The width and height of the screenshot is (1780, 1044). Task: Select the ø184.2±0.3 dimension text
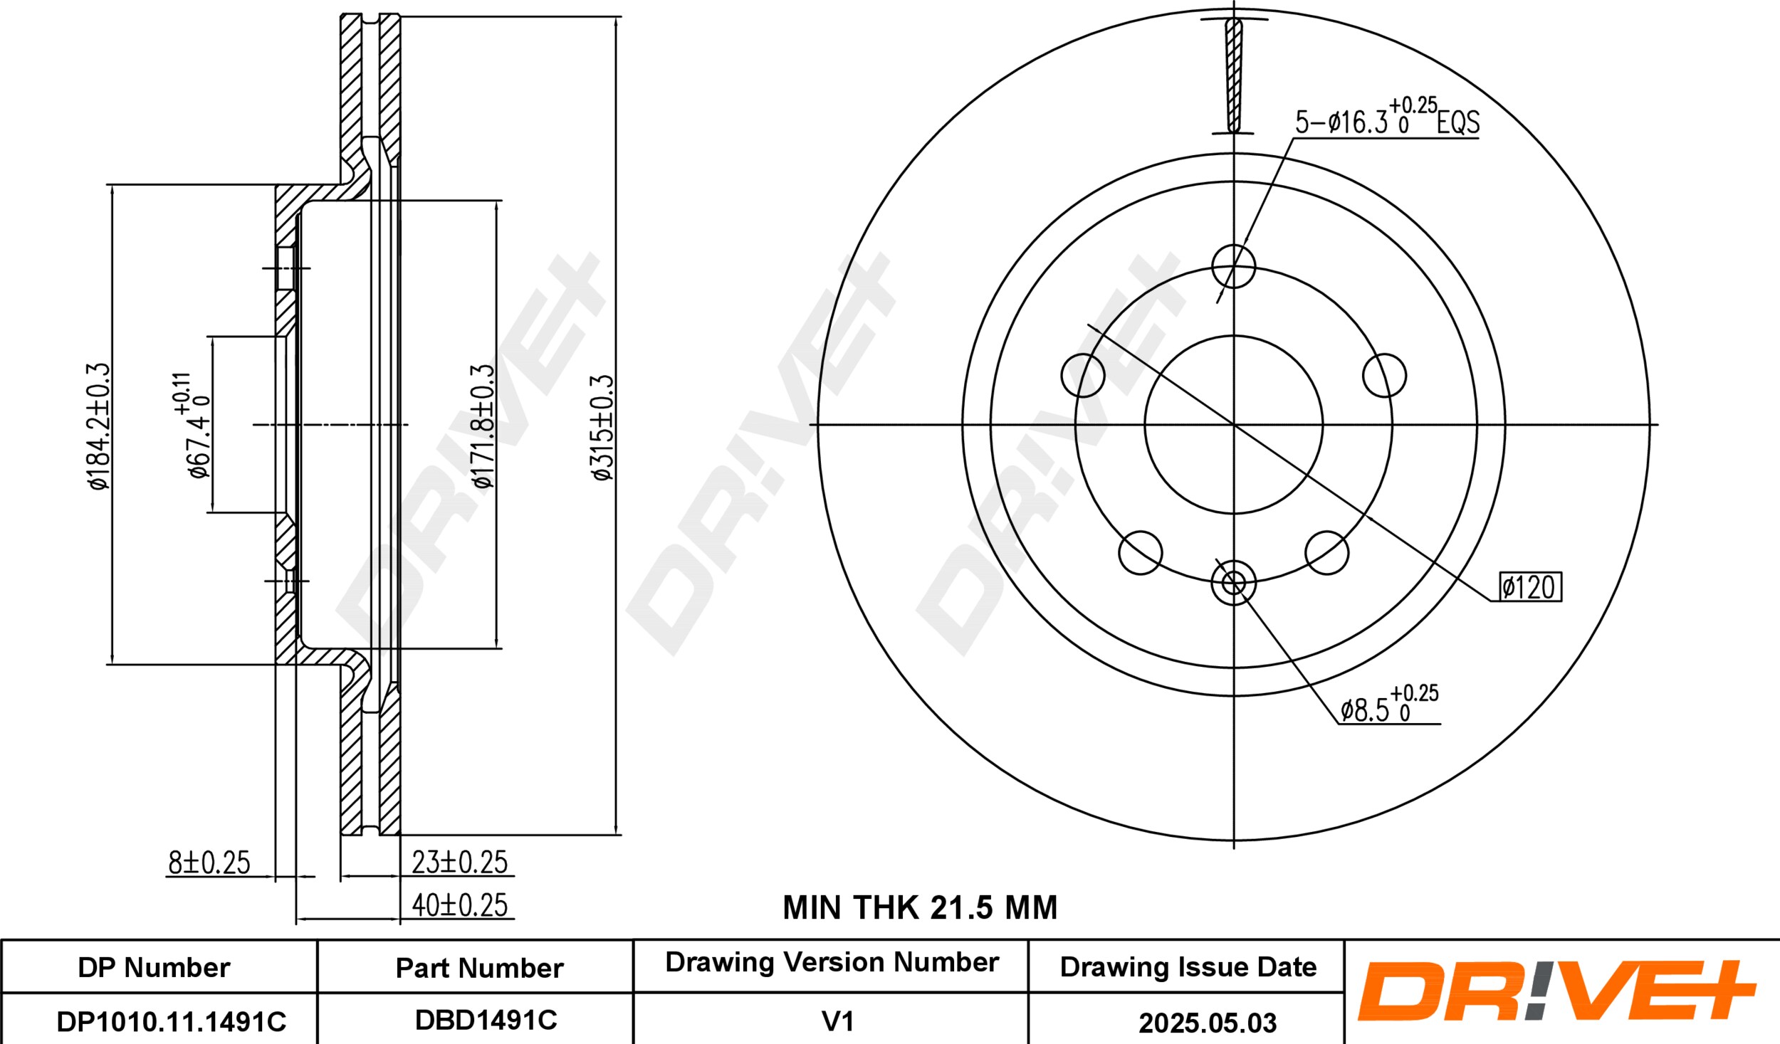click(99, 426)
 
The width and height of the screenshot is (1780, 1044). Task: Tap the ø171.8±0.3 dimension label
click(483, 426)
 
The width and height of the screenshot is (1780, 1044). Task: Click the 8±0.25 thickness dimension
click(209, 863)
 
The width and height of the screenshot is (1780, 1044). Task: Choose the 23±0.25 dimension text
click(460, 862)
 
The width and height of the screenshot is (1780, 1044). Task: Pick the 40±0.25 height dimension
click(460, 905)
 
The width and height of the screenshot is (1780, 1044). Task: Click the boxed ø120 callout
click(1530, 587)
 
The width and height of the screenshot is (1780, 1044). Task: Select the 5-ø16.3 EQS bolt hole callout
click(1387, 118)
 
